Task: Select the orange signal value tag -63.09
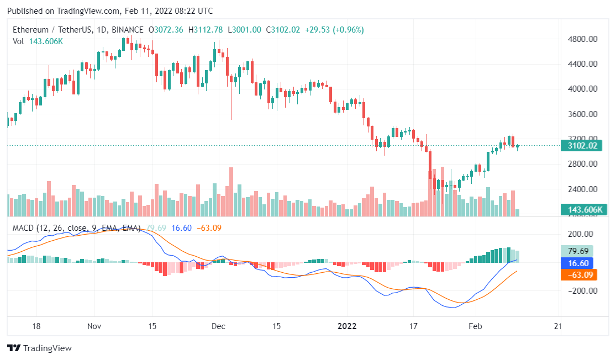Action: click(578, 274)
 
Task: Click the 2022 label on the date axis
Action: click(348, 326)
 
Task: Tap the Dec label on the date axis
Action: click(218, 326)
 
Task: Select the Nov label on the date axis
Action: click(95, 326)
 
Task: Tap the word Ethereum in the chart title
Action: click(26, 30)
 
